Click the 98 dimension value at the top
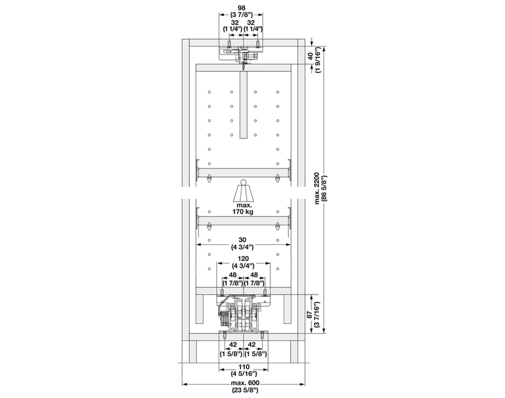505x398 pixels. (241, 8)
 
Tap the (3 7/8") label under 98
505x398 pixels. (241, 15)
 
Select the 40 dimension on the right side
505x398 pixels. (310, 56)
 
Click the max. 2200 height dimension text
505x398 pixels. (317, 189)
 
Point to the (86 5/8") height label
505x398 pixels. (324, 189)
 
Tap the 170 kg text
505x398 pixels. (243, 212)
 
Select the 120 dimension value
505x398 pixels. (243, 259)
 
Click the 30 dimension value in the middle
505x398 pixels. (243, 240)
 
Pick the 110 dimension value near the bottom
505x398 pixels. (244, 367)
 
